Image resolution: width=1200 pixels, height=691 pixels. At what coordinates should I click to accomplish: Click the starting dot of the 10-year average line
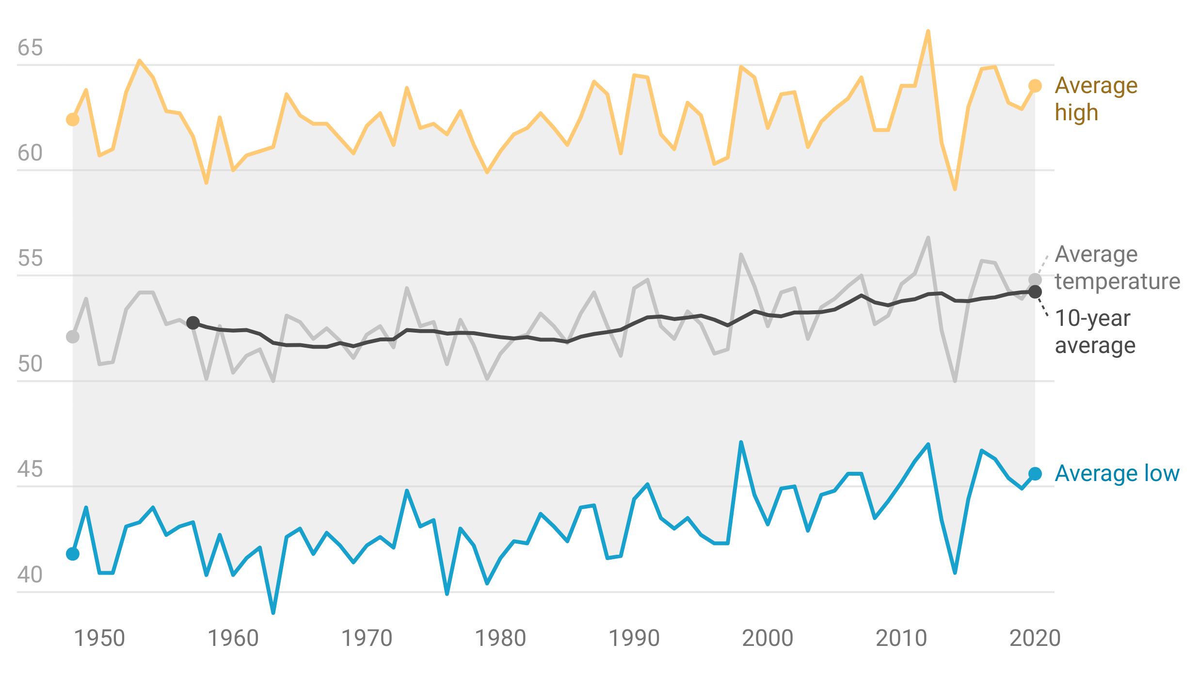tap(193, 322)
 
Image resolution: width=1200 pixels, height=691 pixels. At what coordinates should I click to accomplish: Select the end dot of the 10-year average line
tap(1035, 291)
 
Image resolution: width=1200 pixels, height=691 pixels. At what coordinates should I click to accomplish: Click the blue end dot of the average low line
tap(1035, 473)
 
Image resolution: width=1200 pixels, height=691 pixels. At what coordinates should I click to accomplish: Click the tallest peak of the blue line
tap(740, 442)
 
